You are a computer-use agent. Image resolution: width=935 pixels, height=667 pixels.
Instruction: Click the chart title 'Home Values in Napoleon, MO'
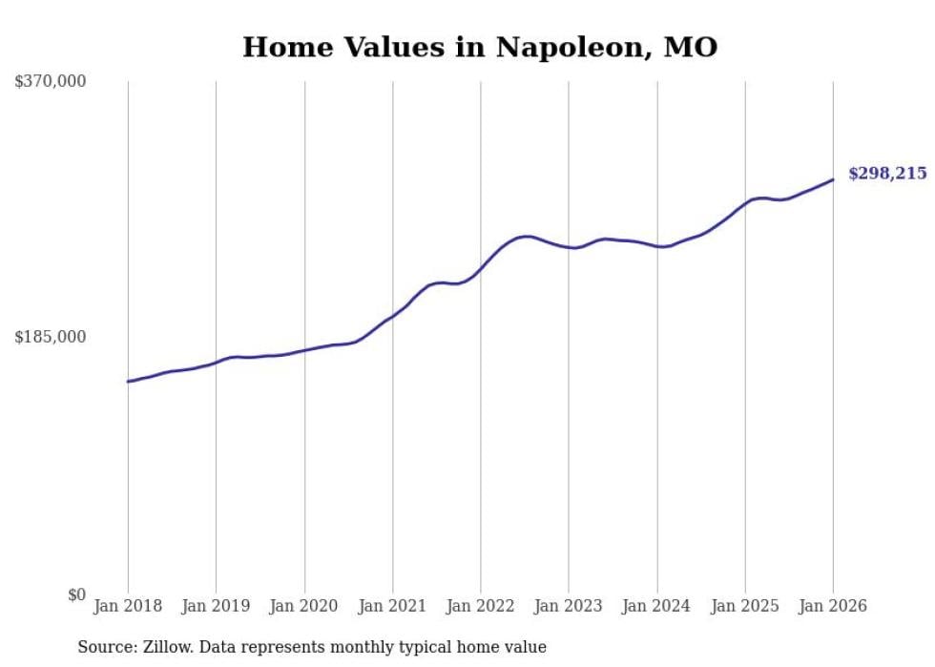[479, 47]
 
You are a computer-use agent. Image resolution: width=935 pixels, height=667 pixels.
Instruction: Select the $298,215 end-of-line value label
[886, 173]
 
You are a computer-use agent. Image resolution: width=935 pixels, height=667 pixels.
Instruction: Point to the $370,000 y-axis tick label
[51, 81]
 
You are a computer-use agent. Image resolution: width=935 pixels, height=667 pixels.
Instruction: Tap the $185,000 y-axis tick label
[51, 337]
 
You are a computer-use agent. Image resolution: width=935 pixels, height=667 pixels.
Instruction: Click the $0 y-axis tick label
[76, 594]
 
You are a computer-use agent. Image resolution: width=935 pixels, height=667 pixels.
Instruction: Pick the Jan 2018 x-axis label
[128, 606]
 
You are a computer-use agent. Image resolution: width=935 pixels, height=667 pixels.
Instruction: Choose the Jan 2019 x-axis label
[216, 606]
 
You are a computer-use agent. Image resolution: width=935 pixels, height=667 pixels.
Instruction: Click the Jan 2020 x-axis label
[304, 606]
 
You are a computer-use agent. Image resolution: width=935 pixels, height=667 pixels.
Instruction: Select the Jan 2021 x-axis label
[392, 606]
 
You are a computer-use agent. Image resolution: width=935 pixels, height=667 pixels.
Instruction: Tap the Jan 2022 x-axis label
[481, 606]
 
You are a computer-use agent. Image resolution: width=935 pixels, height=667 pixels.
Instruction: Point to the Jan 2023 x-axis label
[569, 606]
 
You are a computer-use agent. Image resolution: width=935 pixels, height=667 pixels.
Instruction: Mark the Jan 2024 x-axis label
[656, 606]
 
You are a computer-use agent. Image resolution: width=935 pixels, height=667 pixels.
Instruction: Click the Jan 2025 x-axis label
[745, 606]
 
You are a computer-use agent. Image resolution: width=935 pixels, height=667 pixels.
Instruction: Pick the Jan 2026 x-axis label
[833, 606]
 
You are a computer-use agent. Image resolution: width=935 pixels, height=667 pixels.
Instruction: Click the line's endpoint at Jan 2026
[833, 179]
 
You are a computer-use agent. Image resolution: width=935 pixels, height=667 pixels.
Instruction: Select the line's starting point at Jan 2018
[128, 381]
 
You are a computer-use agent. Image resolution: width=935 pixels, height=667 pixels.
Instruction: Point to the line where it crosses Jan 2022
[481, 269]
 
